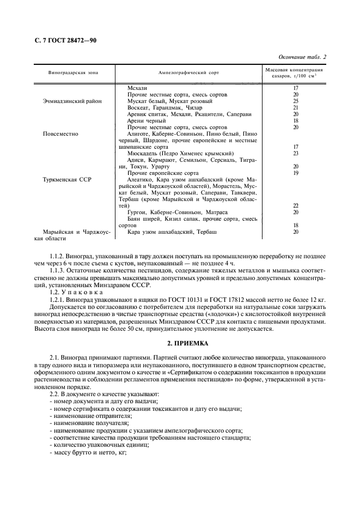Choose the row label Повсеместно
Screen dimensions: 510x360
(x=60, y=133)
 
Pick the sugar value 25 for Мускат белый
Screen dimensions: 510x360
(x=296, y=101)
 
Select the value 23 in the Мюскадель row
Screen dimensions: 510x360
(x=296, y=154)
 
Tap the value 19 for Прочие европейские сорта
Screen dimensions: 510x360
(x=296, y=173)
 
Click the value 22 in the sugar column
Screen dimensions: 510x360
(x=296, y=205)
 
